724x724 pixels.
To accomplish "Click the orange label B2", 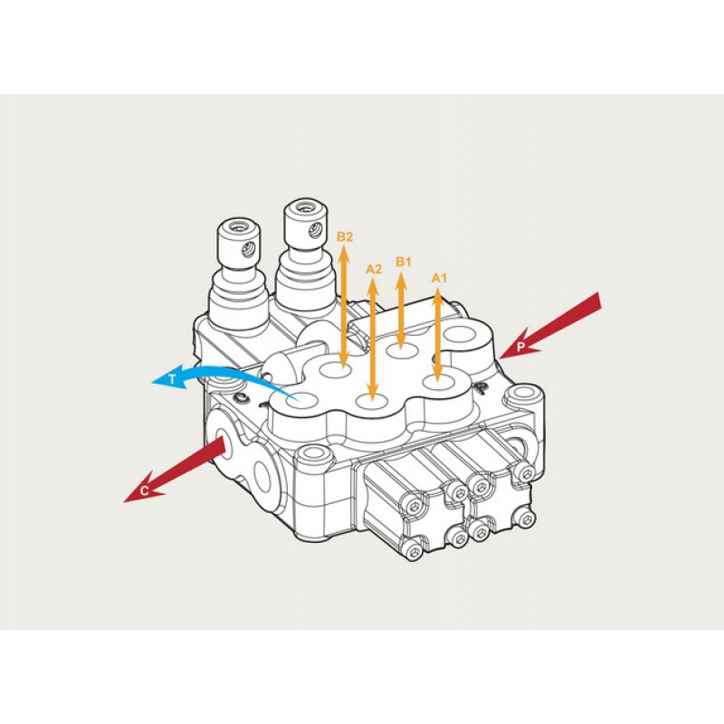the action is (x=345, y=237).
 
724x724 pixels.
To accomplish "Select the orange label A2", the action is (x=374, y=269).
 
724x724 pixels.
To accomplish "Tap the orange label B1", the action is (x=403, y=262).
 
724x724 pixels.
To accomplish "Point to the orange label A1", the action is (x=439, y=278).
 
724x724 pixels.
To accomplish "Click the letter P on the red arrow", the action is (x=521, y=347).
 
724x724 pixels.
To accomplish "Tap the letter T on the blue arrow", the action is (x=172, y=379).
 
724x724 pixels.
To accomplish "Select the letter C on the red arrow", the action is (x=144, y=491).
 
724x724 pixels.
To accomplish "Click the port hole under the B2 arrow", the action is (x=337, y=369).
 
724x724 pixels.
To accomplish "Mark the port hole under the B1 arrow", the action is (x=402, y=351).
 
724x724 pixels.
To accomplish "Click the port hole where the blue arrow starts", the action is (x=301, y=401).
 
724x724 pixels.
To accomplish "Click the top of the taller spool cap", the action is (x=305, y=207).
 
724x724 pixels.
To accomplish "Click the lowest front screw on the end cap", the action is (x=413, y=551).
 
